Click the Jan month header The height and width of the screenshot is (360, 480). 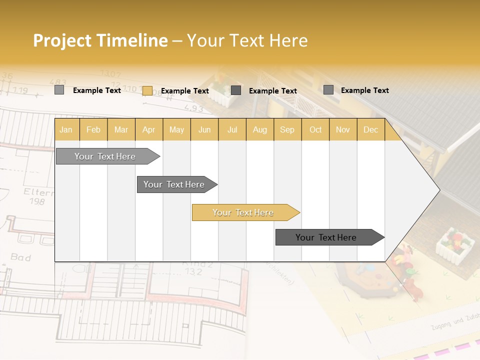click(x=66, y=129)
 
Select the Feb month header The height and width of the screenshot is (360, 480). click(x=93, y=129)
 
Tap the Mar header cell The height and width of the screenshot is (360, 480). click(x=121, y=129)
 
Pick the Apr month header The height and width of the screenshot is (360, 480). click(x=149, y=129)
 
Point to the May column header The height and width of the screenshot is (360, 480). click(x=176, y=129)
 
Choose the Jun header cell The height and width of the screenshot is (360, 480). click(x=204, y=129)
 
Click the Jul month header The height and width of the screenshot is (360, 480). click(x=232, y=129)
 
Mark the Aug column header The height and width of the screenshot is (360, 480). click(x=260, y=129)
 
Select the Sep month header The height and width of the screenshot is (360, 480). click(x=287, y=129)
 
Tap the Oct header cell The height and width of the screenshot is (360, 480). click(x=315, y=129)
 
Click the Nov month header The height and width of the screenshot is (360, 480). click(x=343, y=129)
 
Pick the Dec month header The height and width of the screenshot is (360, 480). click(x=371, y=129)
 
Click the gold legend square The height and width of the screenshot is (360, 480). click(x=147, y=90)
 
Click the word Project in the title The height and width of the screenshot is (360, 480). click(x=62, y=40)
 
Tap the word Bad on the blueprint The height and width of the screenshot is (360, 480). click(x=20, y=257)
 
